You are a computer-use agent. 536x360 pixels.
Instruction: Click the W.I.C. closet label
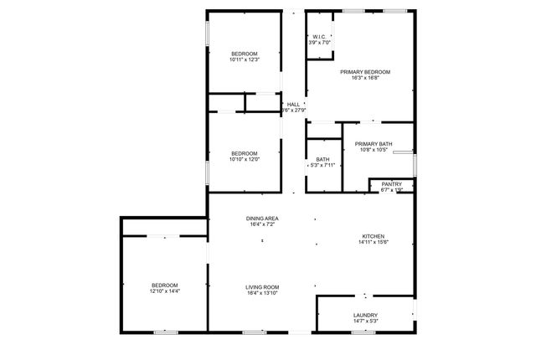click(x=319, y=37)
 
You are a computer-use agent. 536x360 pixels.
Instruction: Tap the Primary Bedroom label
click(x=365, y=72)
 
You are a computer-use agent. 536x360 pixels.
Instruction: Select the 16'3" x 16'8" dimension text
click(x=365, y=78)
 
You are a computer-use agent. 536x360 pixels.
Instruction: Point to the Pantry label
click(x=392, y=184)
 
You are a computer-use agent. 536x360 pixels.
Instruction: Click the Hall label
click(x=293, y=104)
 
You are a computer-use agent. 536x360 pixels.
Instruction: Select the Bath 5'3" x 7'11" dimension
click(x=322, y=165)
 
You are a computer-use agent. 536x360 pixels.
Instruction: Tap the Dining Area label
click(x=262, y=219)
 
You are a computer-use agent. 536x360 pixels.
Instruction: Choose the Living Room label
click(x=262, y=287)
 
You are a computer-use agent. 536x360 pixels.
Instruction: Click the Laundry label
click(x=365, y=315)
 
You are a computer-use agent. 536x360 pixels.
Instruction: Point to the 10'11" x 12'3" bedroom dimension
click(x=245, y=59)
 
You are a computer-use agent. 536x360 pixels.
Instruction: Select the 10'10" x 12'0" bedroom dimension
click(x=244, y=159)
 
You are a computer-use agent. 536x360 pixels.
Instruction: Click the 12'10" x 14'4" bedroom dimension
click(x=164, y=291)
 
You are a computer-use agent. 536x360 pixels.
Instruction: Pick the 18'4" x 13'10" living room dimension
click(x=262, y=293)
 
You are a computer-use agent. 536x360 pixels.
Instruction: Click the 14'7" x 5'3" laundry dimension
click(x=365, y=321)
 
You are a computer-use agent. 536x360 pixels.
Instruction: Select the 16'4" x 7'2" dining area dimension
click(x=262, y=224)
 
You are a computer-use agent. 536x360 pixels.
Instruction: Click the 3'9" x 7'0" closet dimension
click(x=320, y=43)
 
